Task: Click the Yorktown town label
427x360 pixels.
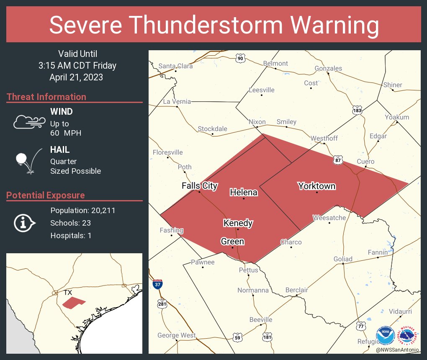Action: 316,186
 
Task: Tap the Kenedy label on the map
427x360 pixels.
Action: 238,223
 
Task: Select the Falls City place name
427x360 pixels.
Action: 199,185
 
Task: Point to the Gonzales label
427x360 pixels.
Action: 328,68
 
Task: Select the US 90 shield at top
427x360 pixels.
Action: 240,58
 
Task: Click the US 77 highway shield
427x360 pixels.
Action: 361,326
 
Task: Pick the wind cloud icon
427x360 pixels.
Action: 28,122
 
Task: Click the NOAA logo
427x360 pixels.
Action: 385,336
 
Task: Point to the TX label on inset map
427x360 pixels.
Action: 67,292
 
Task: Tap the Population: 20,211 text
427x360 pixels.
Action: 82,210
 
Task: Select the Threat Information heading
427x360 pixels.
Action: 46,97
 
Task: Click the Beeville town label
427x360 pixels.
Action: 261,319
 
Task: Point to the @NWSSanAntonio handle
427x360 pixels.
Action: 398,350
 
